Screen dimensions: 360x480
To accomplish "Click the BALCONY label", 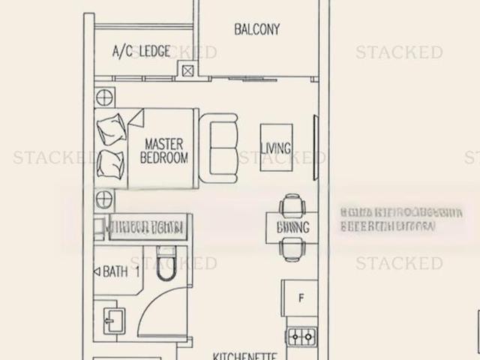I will (256, 30).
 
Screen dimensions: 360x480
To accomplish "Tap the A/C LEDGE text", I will (141, 51).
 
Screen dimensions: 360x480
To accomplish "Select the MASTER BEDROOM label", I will (164, 150).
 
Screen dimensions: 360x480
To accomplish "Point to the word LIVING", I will (275, 148).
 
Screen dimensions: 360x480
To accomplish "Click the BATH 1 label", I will (122, 271).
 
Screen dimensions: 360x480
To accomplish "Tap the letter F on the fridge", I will (301, 298).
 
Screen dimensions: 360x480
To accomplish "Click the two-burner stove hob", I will (301, 337).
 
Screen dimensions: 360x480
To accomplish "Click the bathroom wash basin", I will (110, 321).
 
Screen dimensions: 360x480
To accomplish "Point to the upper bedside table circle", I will (104, 97).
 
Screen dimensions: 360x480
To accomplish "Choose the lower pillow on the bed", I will (111, 163).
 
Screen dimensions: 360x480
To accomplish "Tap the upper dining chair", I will (291, 205).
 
